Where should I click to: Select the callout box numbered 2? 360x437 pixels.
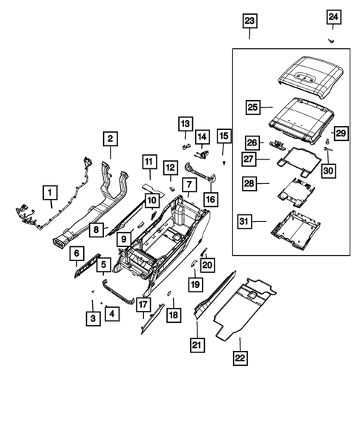click(109, 138)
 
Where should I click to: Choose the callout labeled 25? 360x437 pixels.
click(252, 108)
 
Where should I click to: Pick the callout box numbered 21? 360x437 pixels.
click(197, 344)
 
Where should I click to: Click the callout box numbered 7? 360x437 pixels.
click(190, 184)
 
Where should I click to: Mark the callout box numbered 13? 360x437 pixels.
click(185, 122)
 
